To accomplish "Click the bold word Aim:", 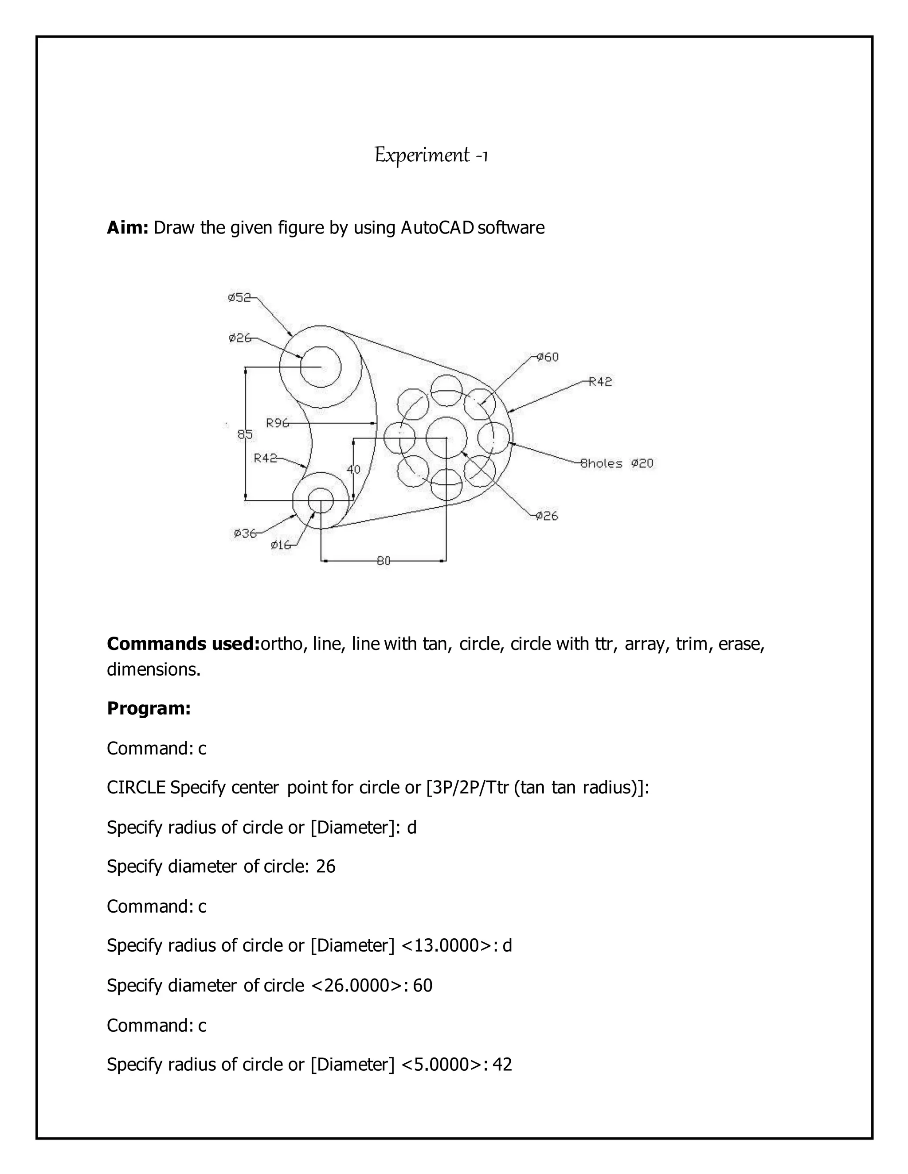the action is [128, 228].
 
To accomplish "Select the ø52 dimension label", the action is [239, 297].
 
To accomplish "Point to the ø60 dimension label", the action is [548, 357].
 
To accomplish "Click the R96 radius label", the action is [278, 423].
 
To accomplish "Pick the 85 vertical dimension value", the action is [245, 434].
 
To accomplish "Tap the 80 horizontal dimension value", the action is [384, 561].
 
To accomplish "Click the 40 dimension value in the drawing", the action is [353, 469].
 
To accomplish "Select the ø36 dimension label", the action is [245, 533].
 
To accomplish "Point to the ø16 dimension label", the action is [281, 544].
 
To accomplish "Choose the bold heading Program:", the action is [149, 708].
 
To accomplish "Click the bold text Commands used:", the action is [183, 643].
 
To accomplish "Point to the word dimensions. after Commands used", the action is [154, 669].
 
